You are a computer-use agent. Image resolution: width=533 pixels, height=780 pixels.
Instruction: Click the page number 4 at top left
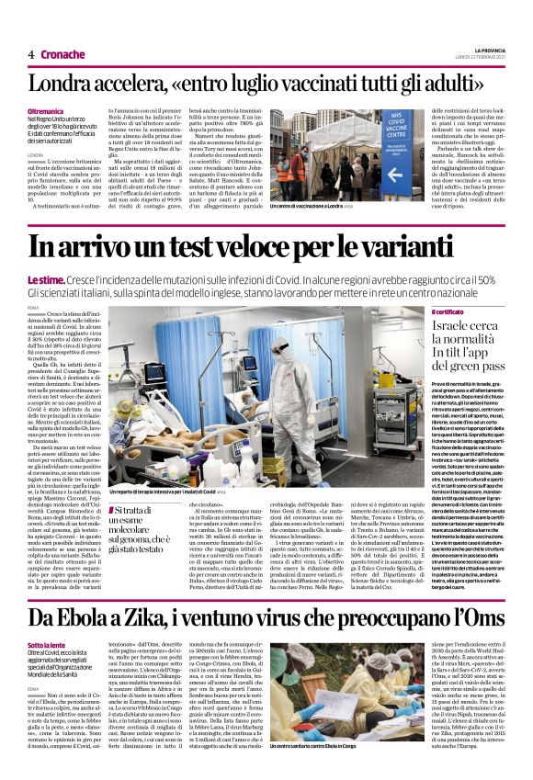(x=31, y=54)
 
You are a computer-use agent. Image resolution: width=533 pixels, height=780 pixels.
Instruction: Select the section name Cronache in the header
(x=63, y=54)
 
